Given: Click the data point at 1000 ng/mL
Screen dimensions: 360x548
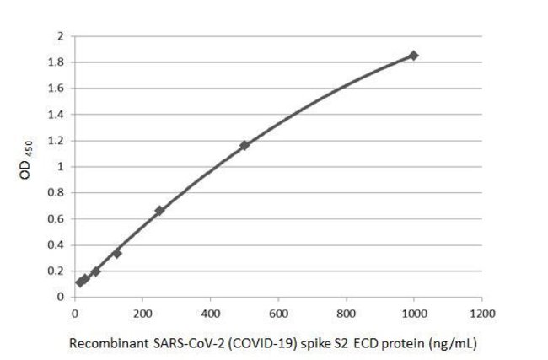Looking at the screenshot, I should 413,55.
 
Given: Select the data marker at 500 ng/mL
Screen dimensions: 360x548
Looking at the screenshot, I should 244,145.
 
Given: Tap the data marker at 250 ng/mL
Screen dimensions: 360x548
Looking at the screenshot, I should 159,210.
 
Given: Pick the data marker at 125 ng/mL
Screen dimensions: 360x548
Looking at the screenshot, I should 116,253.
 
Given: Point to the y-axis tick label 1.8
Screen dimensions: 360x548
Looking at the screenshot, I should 56,62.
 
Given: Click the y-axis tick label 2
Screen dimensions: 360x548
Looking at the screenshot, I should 60,36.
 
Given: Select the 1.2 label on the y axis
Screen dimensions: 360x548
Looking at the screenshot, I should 56,140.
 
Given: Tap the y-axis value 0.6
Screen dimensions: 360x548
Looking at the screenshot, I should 56,218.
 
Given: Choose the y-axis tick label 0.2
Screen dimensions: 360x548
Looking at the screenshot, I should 56,271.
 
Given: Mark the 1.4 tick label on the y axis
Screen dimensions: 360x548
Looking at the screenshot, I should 56,115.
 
